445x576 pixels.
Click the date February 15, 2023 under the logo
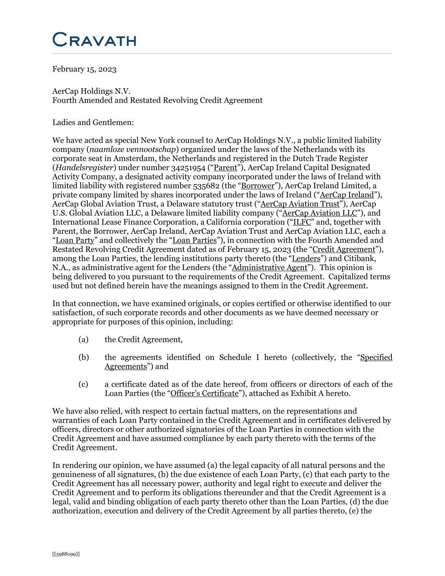pyautogui.click(x=84, y=69)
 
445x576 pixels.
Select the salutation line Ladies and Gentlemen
pyautogui.click(x=93, y=122)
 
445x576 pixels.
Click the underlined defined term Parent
pyautogui.click(x=225, y=168)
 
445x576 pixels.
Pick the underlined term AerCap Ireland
pyautogui.click(x=347, y=195)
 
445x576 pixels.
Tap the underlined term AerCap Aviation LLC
pyautogui.click(x=319, y=213)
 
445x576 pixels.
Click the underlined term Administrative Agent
pyautogui.click(x=270, y=268)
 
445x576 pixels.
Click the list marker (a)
pyautogui.click(x=83, y=340)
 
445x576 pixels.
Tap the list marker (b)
pyautogui.click(x=84, y=358)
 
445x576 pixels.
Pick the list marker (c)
pyautogui.click(x=83, y=384)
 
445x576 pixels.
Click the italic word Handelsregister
pyautogui.click(x=84, y=168)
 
